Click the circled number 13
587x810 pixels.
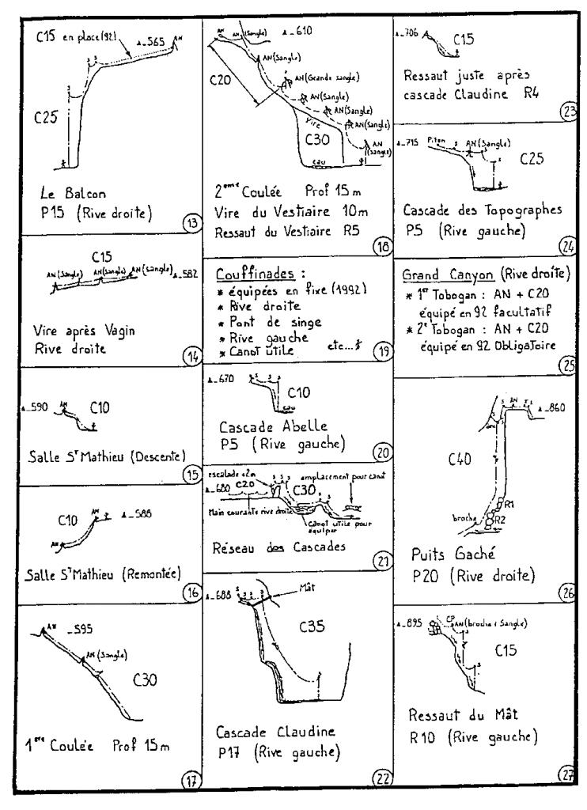point(190,222)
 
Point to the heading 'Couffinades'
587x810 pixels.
point(252,272)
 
